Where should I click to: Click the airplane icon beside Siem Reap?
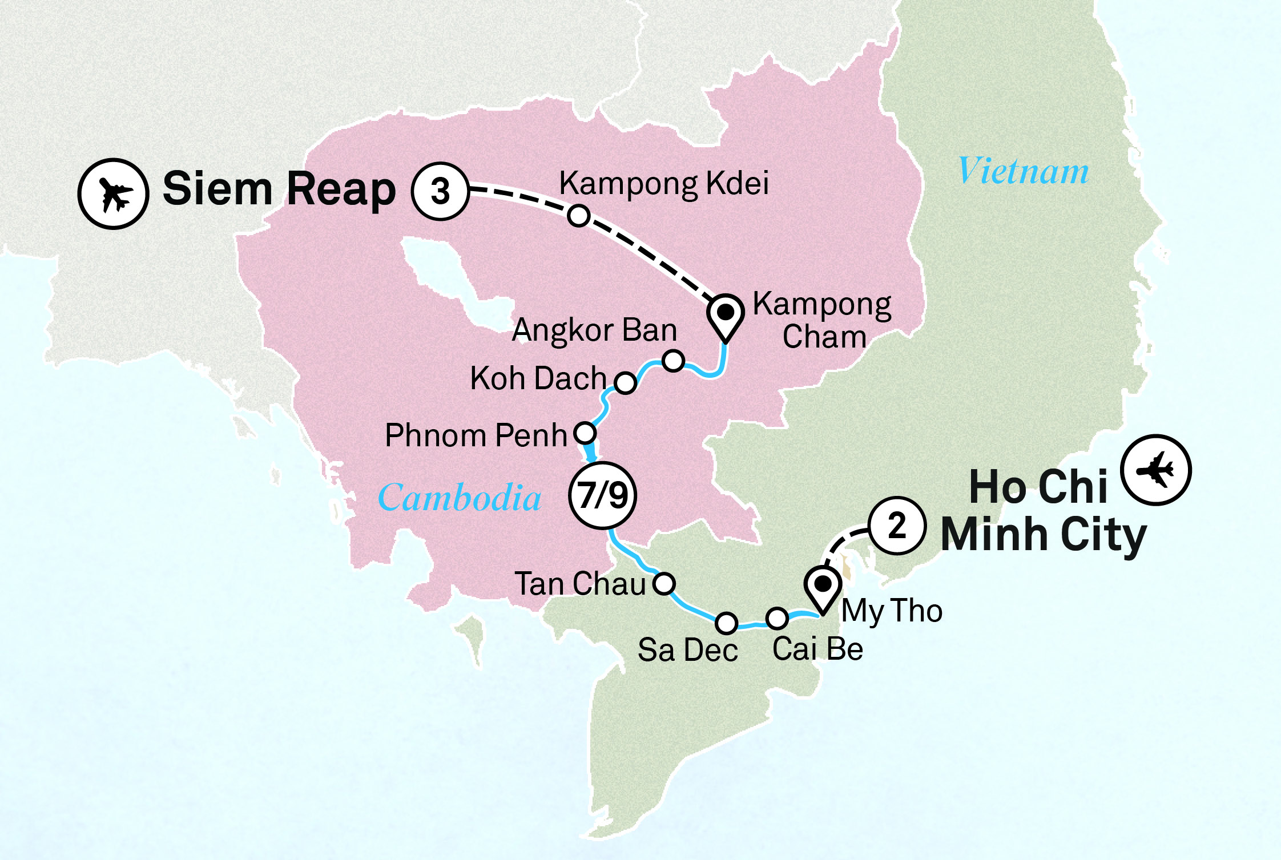click(x=113, y=194)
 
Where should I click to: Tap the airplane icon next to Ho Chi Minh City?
click(x=1155, y=470)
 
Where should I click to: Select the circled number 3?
click(x=440, y=192)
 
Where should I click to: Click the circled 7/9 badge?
click(x=603, y=495)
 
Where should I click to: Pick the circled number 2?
click(x=897, y=525)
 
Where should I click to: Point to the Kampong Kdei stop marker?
click(x=578, y=216)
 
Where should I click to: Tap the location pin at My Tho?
click(x=823, y=588)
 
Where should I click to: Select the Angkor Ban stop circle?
click(x=674, y=361)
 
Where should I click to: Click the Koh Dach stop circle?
click(x=626, y=382)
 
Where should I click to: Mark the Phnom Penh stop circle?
click(x=585, y=433)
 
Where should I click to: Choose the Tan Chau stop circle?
click(x=664, y=583)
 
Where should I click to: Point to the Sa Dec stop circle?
click(x=726, y=623)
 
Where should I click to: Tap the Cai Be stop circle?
click(x=777, y=617)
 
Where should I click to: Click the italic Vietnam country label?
click(x=1023, y=171)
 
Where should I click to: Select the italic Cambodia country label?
click(x=460, y=498)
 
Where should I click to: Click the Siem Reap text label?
click(x=279, y=189)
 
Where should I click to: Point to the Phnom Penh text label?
click(x=476, y=435)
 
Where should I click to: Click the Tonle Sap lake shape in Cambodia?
click(x=451, y=285)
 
